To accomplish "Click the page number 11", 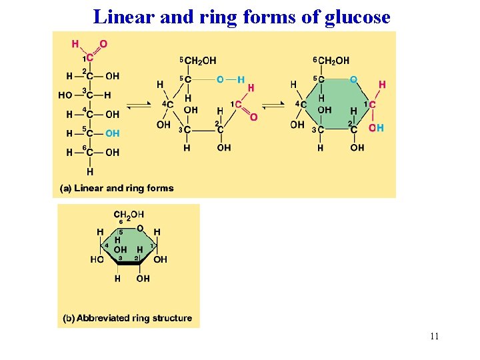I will (435, 336).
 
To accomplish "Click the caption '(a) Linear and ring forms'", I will (117, 188).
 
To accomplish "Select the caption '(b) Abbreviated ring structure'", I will (127, 318).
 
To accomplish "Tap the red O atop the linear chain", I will (103, 44).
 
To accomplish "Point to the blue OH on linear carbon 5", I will (113, 133).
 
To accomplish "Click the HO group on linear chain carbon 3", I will (65, 95).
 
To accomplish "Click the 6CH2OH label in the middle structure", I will (198, 61).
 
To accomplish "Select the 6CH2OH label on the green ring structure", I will (331, 61).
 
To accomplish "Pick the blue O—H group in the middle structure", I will (231, 79).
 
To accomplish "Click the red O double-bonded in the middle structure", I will (253, 117).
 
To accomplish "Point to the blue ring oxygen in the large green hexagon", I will (353, 79).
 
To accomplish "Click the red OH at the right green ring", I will (377, 127).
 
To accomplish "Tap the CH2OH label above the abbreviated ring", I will (129, 214).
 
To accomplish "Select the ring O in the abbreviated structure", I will (139, 229).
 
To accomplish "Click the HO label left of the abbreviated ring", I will (97, 259).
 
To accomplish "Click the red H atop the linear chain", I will (75, 44).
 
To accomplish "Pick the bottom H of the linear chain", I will (89, 171).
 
